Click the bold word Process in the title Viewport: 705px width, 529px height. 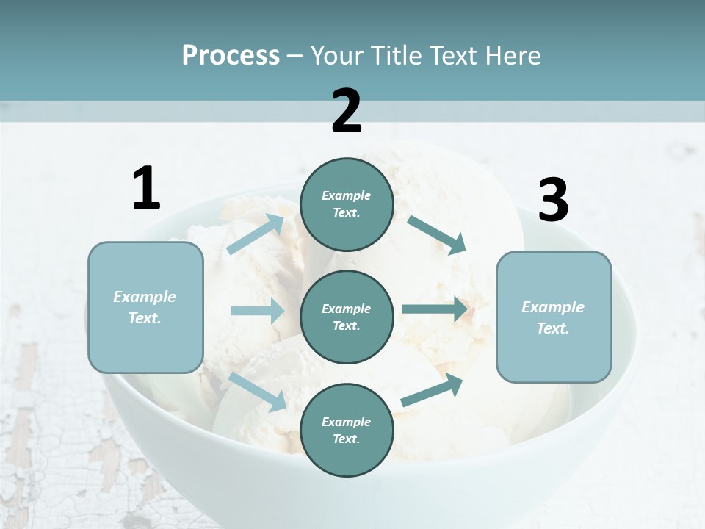pyautogui.click(x=231, y=56)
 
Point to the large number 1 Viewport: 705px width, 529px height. pyautogui.click(x=146, y=189)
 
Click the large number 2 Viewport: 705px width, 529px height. pyautogui.click(x=347, y=110)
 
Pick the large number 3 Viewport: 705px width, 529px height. pyautogui.click(x=553, y=200)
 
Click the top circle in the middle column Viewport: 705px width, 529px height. pyautogui.click(x=347, y=204)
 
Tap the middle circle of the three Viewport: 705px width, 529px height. pyautogui.click(x=347, y=317)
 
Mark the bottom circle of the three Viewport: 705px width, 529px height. pyautogui.click(x=347, y=430)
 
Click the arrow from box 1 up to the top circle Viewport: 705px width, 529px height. pyautogui.click(x=256, y=234)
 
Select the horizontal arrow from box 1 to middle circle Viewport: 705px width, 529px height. pyautogui.click(x=257, y=311)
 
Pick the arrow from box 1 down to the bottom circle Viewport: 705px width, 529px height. pyautogui.click(x=258, y=391)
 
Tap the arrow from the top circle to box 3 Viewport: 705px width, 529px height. pyautogui.click(x=437, y=234)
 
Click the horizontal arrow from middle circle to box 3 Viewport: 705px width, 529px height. pyautogui.click(x=435, y=309)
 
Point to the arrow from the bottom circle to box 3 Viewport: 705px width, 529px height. pyautogui.click(x=432, y=390)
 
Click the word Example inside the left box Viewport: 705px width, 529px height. pyautogui.click(x=145, y=297)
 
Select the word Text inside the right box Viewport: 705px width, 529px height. pyautogui.click(x=553, y=328)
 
